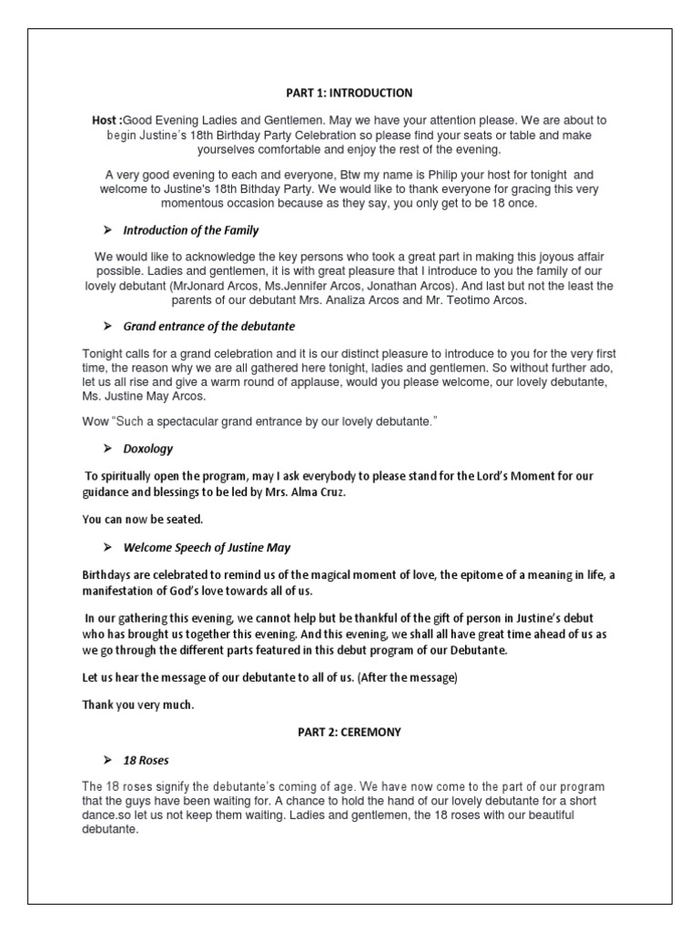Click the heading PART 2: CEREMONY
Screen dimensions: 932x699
349,732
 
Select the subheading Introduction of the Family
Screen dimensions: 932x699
190,231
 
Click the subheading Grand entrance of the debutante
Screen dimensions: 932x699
208,326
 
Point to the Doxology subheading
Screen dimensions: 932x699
147,449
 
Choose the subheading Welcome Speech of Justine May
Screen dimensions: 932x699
207,547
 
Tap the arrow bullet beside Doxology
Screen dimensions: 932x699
106,449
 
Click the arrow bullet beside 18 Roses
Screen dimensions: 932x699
106,759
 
